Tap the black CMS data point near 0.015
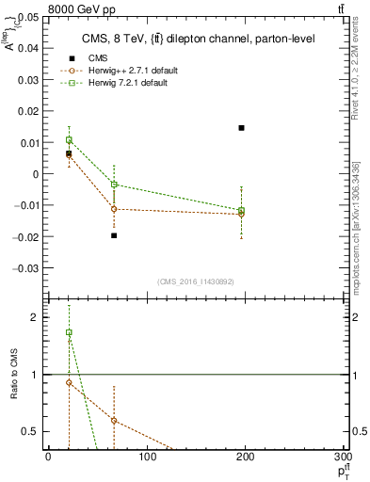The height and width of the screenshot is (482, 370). (242, 128)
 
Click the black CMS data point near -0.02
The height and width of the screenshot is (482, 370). (114, 235)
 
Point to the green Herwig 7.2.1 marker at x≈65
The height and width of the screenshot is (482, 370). (114, 185)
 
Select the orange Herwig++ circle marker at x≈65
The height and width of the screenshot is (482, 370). (114, 209)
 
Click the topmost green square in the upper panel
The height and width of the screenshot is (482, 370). (69, 140)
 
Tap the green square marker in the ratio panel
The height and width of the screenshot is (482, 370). (69, 332)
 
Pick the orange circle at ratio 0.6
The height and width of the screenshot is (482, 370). (114, 421)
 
